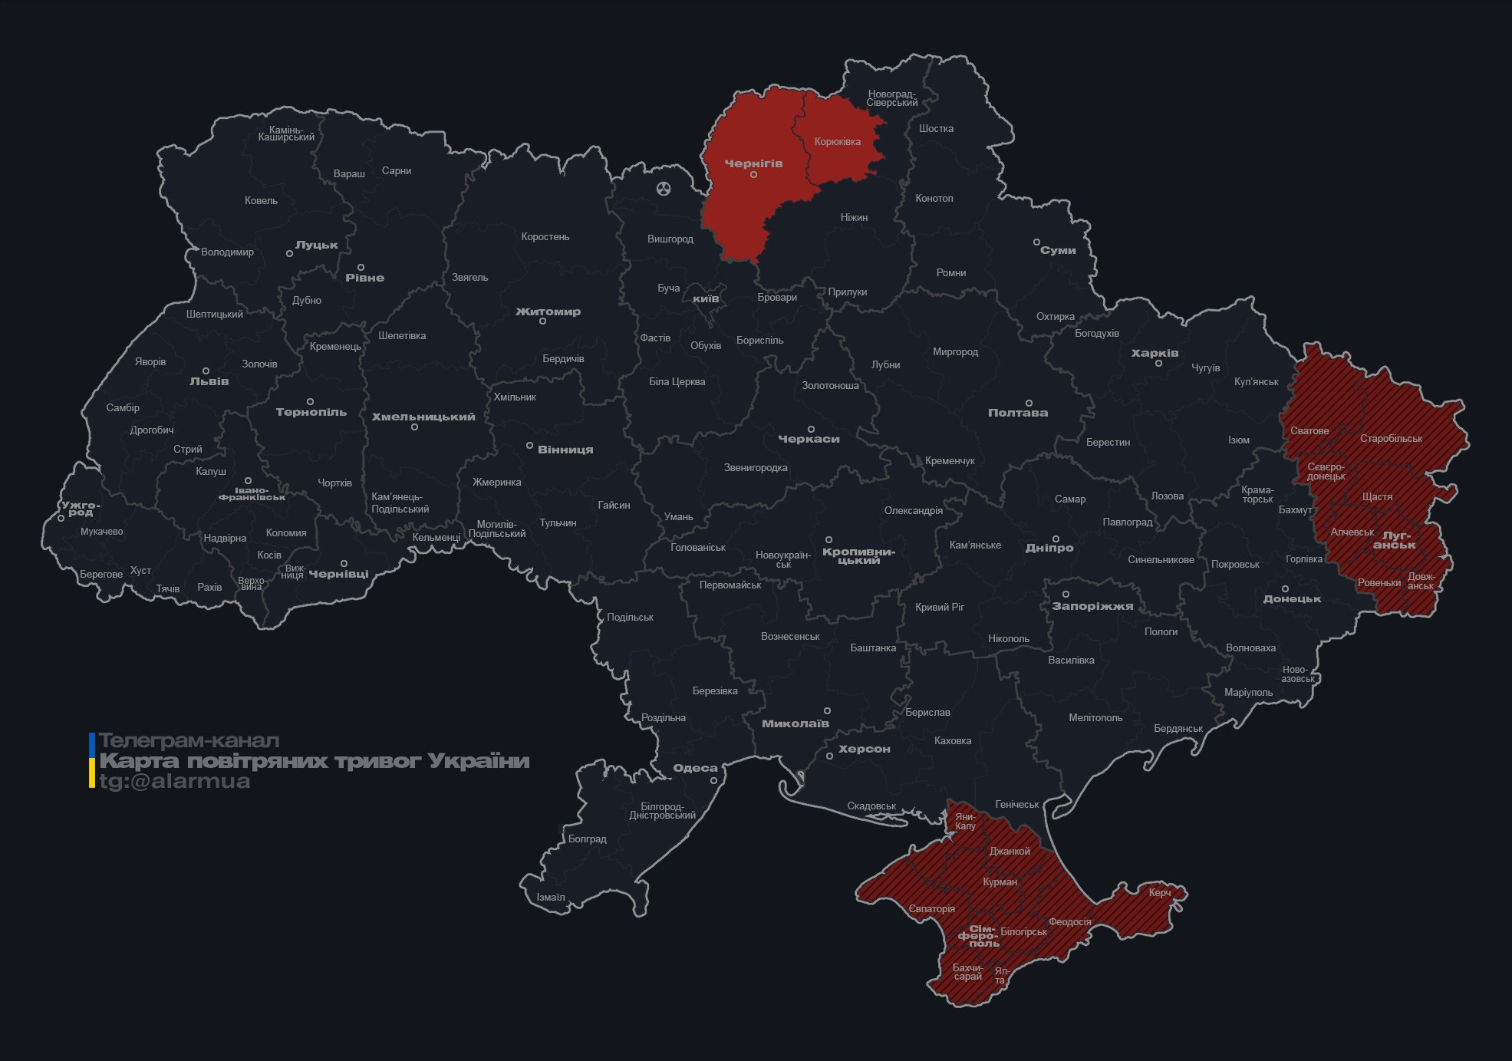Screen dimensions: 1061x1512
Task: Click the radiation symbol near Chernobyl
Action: point(664,188)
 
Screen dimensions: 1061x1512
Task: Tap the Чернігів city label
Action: point(753,163)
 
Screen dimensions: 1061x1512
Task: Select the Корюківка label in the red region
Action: point(837,141)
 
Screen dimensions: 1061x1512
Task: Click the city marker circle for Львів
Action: point(206,371)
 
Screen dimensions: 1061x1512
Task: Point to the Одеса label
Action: point(695,768)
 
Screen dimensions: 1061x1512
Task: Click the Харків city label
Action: point(1154,353)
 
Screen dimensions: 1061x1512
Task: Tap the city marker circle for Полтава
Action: point(1029,403)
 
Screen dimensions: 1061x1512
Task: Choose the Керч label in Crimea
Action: point(1159,892)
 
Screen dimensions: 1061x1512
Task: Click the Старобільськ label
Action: point(1390,438)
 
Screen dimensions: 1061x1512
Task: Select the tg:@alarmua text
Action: point(174,781)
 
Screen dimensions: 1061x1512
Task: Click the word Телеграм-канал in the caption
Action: point(189,741)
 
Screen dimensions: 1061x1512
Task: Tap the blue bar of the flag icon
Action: point(92,743)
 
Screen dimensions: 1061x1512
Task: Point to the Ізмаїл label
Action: point(550,897)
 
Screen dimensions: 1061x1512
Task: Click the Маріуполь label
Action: point(1247,692)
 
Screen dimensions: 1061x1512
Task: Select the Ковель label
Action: point(261,200)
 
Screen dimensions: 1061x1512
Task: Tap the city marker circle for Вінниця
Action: point(529,446)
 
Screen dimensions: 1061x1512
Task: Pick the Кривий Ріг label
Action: point(939,607)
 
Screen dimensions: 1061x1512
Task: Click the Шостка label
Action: point(935,128)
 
